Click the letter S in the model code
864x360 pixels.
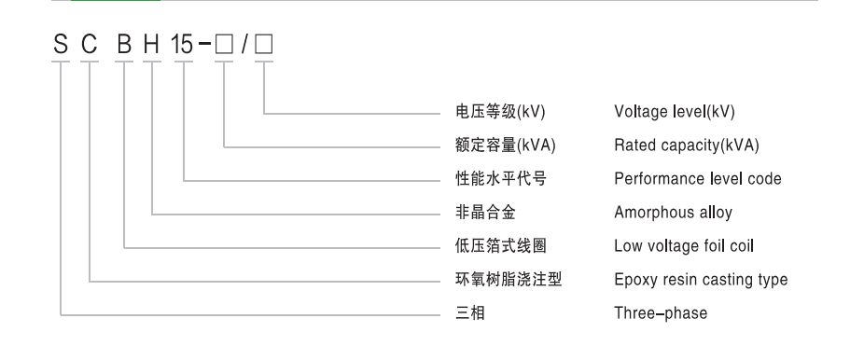[x=61, y=46]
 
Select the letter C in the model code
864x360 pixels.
[x=90, y=46]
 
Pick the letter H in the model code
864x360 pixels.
[x=152, y=46]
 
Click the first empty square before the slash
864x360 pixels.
[x=225, y=47]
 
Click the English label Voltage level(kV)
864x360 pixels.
[x=675, y=113]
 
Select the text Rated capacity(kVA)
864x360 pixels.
[x=687, y=146]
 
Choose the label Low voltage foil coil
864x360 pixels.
[x=685, y=246]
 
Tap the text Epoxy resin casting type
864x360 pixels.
[x=701, y=280]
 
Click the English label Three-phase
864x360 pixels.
[x=660, y=313]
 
